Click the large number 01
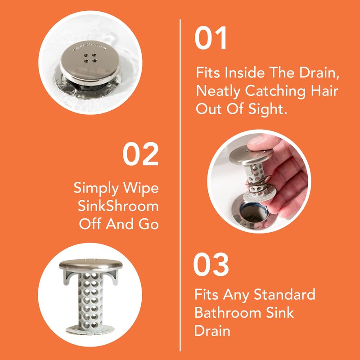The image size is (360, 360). pos(211,38)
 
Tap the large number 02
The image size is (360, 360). pos(140,153)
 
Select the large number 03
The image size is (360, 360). pos(211,264)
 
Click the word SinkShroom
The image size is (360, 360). pos(118,206)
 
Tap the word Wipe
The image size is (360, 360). pos(141,189)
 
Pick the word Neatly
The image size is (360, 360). pos(218,91)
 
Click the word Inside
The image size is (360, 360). pos(244,73)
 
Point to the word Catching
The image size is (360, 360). pos(275,91)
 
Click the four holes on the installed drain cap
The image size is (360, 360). pos(90,58)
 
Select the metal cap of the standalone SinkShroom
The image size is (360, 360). pos(90,264)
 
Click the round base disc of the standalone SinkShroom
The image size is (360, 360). pos(90,329)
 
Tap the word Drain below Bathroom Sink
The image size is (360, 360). pos(212,331)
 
